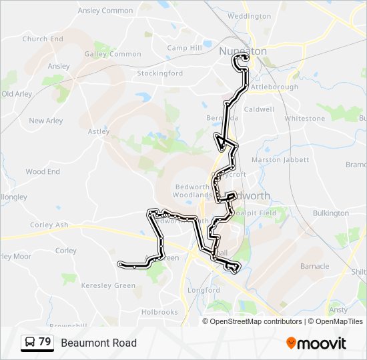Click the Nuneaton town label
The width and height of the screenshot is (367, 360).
tap(243, 51)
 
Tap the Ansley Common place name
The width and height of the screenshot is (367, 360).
tap(105, 11)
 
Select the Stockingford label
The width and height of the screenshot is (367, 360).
tap(161, 73)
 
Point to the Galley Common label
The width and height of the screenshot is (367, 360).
tap(113, 54)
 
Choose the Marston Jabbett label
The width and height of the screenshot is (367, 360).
tap(280, 160)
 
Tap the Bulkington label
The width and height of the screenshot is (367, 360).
tap(331, 213)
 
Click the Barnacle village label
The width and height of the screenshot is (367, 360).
tap(315, 266)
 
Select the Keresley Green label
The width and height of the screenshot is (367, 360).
tap(108, 285)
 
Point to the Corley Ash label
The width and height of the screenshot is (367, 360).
tap(50, 225)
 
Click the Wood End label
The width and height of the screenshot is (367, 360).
tap(43, 171)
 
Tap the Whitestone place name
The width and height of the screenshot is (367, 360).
tap(305, 118)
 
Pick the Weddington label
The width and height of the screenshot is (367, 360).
tap(250, 16)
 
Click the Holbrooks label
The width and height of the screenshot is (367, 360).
tap(159, 311)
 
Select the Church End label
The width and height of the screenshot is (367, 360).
tap(43, 39)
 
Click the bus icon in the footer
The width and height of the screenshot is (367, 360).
tap(29, 343)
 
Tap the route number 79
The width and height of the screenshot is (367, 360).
tap(45, 342)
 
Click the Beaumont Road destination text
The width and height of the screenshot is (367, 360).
tap(99, 343)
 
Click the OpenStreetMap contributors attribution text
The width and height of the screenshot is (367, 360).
tap(256, 321)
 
